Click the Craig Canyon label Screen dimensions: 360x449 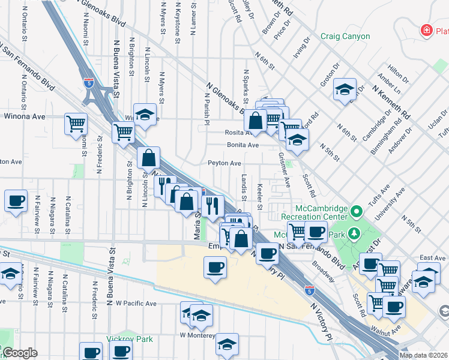point(345,37)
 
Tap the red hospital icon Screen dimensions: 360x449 point(427,29)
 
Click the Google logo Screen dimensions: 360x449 point(19,353)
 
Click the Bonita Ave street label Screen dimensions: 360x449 point(243,145)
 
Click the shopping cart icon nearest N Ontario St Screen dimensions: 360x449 point(76,125)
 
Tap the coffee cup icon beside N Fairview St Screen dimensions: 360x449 point(16,201)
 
